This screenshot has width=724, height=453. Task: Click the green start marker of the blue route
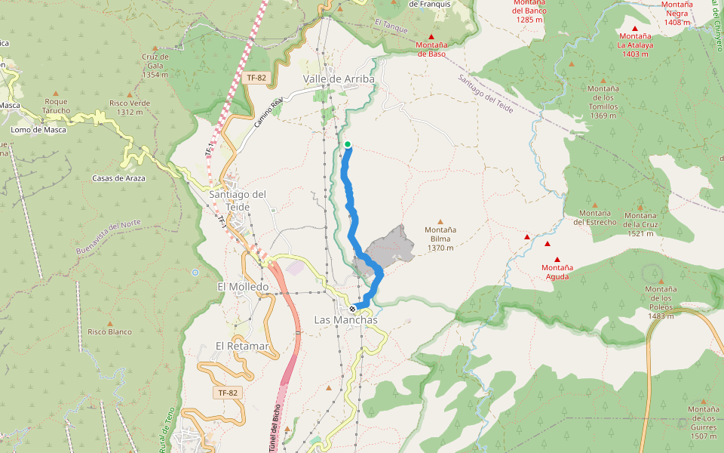pyautogui.click(x=348, y=144)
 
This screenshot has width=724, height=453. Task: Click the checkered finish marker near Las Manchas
pyautogui.click(x=352, y=308)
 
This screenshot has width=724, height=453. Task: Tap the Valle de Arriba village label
pyautogui.click(x=339, y=79)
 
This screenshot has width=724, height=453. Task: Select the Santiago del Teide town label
pyautogui.click(x=238, y=200)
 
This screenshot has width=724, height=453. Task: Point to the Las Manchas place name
pyautogui.click(x=345, y=320)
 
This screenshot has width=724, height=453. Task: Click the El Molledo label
pyautogui.click(x=243, y=287)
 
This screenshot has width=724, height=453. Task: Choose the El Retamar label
pyautogui.click(x=242, y=346)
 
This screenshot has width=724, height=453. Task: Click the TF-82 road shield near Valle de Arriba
pyautogui.click(x=256, y=78)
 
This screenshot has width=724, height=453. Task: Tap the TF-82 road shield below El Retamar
pyautogui.click(x=227, y=393)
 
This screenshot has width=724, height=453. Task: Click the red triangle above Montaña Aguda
pyautogui.click(x=557, y=260)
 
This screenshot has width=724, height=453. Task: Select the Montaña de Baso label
pyautogui.click(x=431, y=49)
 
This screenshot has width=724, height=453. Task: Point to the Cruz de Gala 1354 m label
pyautogui.click(x=155, y=66)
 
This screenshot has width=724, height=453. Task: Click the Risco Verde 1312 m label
pyautogui.click(x=130, y=108)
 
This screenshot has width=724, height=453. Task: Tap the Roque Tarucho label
pyautogui.click(x=57, y=106)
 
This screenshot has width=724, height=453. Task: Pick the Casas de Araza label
pyautogui.click(x=118, y=178)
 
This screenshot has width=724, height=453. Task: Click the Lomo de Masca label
pyautogui.click(x=38, y=130)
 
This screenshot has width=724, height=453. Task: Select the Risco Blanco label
pyautogui.click(x=109, y=331)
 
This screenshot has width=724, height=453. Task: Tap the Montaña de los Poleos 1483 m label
pyautogui.click(x=660, y=302)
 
